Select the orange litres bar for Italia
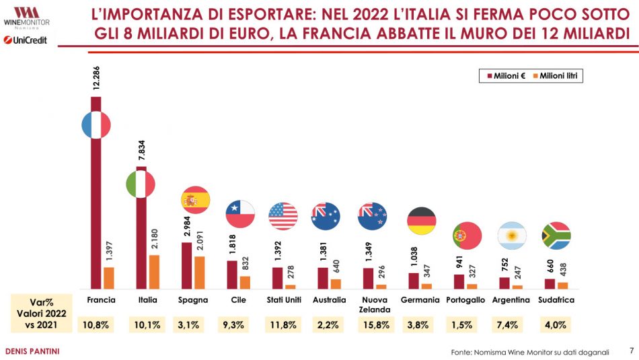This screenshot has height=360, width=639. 154,272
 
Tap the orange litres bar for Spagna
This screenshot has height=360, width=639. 199,273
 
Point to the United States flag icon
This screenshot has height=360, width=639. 283,216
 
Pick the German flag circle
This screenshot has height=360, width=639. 422,221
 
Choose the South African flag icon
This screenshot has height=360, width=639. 556,236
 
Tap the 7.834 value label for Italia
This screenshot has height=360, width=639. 141,152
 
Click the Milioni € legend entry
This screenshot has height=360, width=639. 505,77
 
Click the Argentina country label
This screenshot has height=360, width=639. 511,300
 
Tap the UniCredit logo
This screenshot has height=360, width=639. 28,40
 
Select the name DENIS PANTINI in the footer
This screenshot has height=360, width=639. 32,351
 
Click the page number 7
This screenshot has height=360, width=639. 631,351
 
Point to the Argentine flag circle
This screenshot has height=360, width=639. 511,236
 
